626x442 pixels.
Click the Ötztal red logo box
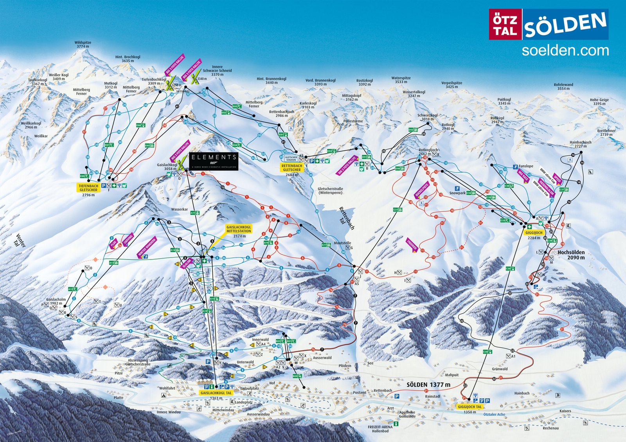pyautogui.click(x=505, y=25)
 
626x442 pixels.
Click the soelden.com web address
pyautogui.click(x=565, y=50)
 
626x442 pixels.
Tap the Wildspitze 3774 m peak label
pyautogui.click(x=83, y=45)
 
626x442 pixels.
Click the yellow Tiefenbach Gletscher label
pyautogui.click(x=88, y=188)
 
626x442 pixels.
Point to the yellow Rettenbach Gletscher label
pyautogui.click(x=292, y=168)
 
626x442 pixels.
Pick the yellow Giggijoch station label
pyautogui.click(x=534, y=233)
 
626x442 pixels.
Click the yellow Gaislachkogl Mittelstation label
pyautogui.click(x=239, y=229)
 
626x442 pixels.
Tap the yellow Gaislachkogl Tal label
pyautogui.click(x=216, y=393)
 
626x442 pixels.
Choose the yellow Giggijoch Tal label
pyautogui.click(x=469, y=407)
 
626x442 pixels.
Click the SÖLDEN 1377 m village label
pyautogui.click(x=428, y=385)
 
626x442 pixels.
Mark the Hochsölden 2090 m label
pyautogui.click(x=571, y=255)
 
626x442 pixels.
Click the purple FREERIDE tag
pyautogui.click(x=412, y=245)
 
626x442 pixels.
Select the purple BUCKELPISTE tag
pyautogui.click(x=422, y=190)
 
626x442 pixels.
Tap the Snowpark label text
pyautogui.click(x=457, y=193)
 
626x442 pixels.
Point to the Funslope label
pyautogui.click(x=525, y=166)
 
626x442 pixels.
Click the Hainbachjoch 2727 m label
pyautogui.click(x=580, y=144)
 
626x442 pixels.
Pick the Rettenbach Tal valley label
pyautogui.click(x=346, y=218)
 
